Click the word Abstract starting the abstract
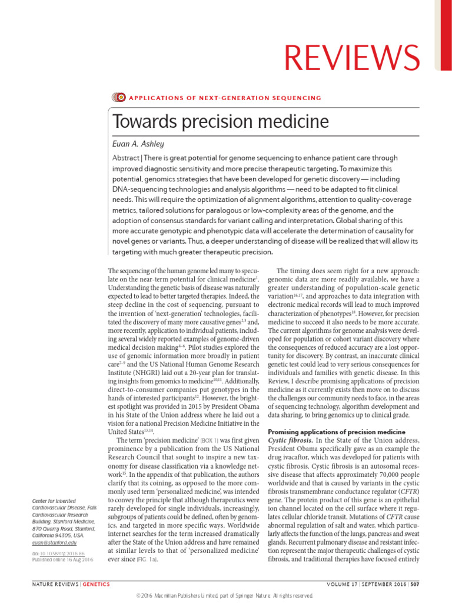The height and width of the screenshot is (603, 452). coord(130,158)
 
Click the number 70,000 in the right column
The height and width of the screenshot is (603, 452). coord(371,475)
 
